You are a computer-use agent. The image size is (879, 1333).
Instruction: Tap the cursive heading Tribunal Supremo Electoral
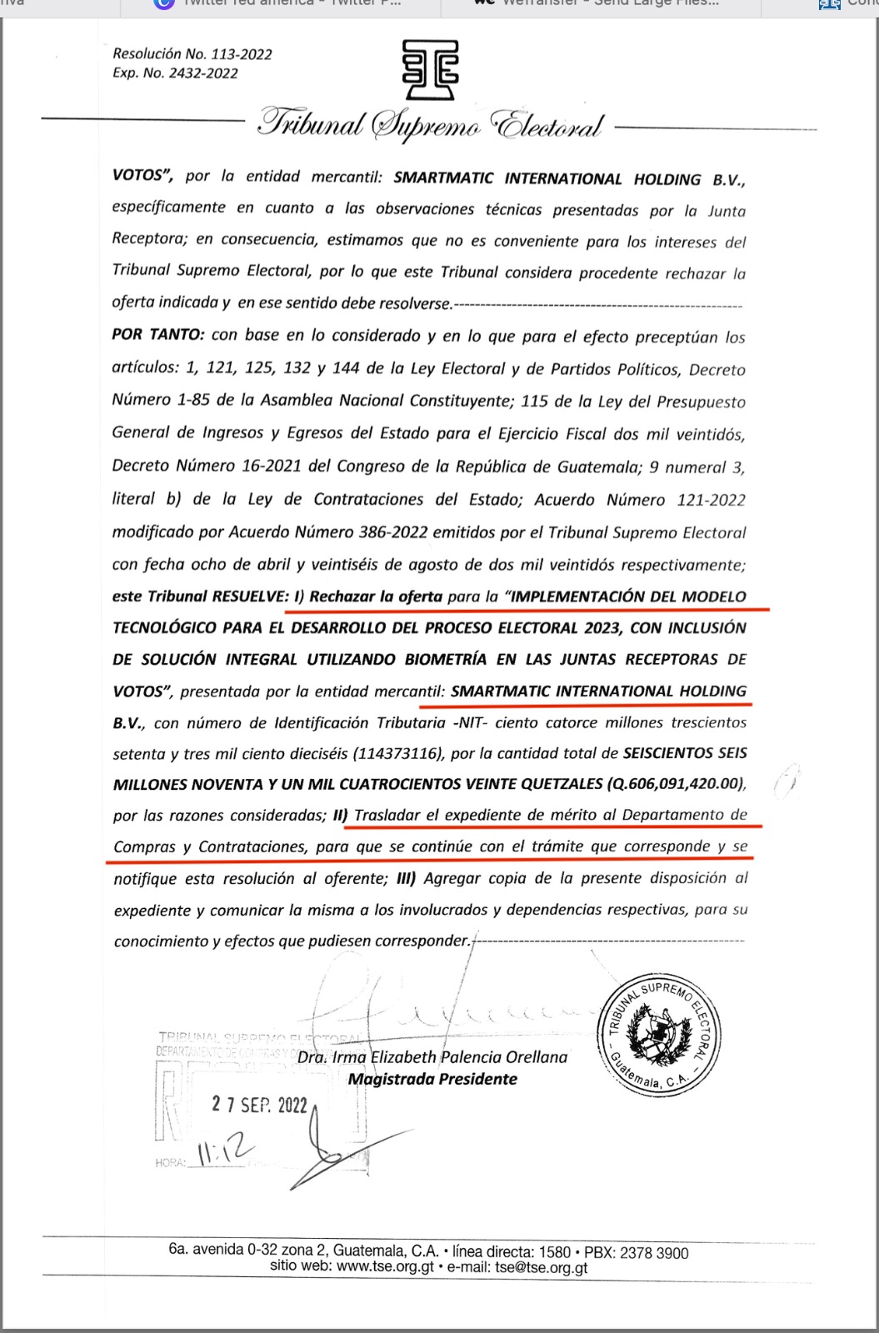pyautogui.click(x=430, y=126)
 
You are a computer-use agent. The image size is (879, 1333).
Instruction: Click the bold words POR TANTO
pyautogui.click(x=157, y=335)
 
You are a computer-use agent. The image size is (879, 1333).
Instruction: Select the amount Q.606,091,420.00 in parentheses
pyautogui.click(x=675, y=784)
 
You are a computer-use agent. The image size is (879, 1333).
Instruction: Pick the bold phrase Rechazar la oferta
pyautogui.click(x=376, y=597)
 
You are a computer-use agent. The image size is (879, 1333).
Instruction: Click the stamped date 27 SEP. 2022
pyautogui.click(x=260, y=1105)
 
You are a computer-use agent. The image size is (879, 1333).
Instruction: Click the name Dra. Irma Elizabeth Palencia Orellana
pyautogui.click(x=432, y=1057)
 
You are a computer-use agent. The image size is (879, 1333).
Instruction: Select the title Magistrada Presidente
pyautogui.click(x=432, y=1080)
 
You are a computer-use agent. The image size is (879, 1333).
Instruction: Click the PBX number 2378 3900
pyautogui.click(x=655, y=1252)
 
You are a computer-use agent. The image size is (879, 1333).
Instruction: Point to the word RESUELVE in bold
pyautogui.click(x=247, y=597)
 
